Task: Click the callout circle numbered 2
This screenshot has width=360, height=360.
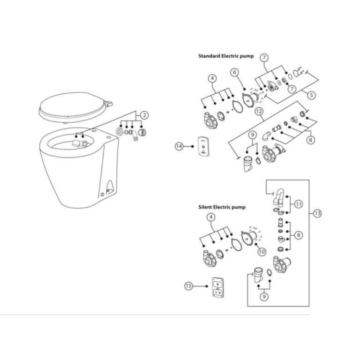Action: (144, 115)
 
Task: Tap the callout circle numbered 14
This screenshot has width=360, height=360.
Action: (180, 146)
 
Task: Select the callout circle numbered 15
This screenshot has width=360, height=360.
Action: (189, 286)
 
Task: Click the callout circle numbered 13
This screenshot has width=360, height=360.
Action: (317, 214)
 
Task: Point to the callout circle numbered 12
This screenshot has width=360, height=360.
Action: (259, 112)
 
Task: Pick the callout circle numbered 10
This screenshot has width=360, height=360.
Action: (262, 252)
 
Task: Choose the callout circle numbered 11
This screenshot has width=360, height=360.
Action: (299, 204)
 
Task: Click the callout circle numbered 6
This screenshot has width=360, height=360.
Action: (234, 73)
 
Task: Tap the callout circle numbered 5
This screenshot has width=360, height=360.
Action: (311, 95)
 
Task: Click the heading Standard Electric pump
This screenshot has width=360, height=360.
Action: (226, 56)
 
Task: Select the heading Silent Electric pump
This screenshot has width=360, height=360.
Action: (222, 207)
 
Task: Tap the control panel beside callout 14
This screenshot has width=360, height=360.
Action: (203, 146)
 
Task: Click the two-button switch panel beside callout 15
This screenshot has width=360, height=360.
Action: (217, 287)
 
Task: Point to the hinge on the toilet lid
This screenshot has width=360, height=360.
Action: (108, 104)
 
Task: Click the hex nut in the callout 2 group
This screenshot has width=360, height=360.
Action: (119, 132)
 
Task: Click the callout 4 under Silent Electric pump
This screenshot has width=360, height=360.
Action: (211, 217)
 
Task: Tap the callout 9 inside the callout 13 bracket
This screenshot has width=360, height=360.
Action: (264, 297)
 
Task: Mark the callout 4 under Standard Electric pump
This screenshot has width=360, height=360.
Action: (212, 79)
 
